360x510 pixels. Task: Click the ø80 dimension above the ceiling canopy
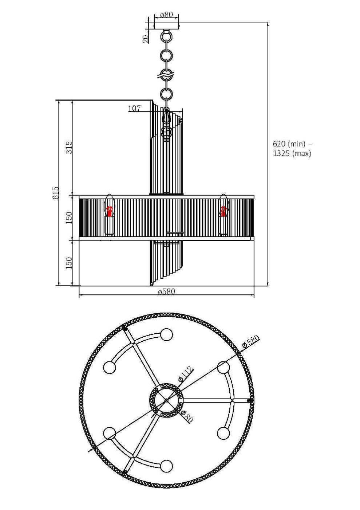166,15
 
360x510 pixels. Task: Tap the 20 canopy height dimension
146,39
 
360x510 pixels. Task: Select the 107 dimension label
134,108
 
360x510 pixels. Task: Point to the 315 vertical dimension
69,147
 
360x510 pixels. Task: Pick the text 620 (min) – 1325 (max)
292,148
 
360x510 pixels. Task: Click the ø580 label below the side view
166,291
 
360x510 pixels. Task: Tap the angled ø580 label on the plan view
251,341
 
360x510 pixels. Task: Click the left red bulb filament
110,211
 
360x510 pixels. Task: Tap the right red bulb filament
223,211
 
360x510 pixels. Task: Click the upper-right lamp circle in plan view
223,367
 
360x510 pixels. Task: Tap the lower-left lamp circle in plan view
109,433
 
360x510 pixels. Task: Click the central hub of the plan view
166,400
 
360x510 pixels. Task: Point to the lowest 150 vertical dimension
69,262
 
